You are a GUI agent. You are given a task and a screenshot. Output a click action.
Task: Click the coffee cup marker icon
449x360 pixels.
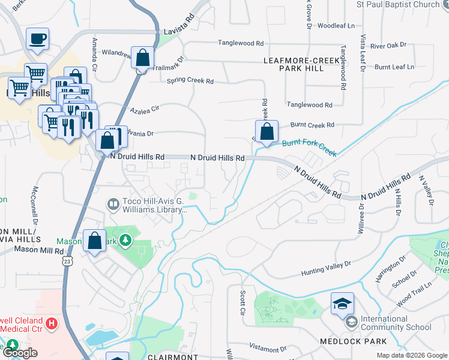tap(37, 39)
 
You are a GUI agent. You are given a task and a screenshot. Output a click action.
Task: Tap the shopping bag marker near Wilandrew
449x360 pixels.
tap(143, 59)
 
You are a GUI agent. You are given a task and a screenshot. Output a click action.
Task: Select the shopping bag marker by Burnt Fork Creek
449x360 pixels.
tap(267, 131)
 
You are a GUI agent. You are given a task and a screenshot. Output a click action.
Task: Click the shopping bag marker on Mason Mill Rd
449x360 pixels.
tap(95, 241)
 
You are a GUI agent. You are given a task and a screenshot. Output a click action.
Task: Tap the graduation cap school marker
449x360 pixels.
tap(342, 304)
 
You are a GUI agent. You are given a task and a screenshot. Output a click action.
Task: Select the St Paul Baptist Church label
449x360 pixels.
tap(398, 5)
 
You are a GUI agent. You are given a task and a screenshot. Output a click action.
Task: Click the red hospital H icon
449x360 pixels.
tap(52, 324)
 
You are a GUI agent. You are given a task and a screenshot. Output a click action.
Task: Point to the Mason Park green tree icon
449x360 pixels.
tap(125, 241)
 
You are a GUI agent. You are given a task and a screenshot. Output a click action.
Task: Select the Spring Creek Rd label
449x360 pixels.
tap(190, 80)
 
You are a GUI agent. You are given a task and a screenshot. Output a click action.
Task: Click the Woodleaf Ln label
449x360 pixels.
tap(336, 26)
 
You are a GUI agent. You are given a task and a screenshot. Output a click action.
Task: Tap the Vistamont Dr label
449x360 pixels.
tap(268, 349)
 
